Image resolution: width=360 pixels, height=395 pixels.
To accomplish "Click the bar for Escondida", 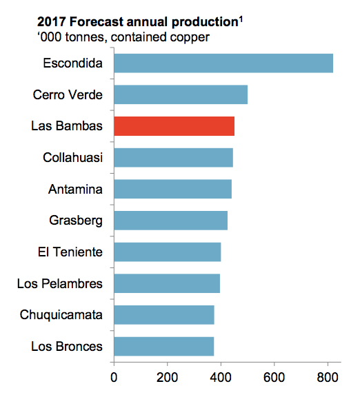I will coord(223,63).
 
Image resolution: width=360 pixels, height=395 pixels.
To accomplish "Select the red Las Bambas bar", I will coord(174,126).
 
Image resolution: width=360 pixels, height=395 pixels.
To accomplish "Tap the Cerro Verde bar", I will coord(180,94).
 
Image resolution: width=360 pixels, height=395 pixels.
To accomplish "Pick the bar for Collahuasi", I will coord(173,158).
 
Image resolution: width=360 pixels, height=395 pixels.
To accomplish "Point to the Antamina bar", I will coord(172,189).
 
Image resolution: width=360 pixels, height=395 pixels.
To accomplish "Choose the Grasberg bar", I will coord(170,221).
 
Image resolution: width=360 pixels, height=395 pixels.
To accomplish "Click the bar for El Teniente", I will coord(167,252).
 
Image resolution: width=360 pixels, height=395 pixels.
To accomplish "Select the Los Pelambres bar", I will coord(166,283).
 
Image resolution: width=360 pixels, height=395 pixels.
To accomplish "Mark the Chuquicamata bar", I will coord(163,315).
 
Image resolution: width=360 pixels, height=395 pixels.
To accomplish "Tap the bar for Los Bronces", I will coord(163,346).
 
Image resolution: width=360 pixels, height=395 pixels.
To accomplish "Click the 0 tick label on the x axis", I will coord(114,377).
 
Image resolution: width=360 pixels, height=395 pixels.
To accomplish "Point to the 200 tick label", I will coord(167,377).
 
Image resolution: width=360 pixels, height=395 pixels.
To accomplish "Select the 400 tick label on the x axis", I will coord(221,377).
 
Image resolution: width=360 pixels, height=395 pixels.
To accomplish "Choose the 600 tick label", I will coord(274,377).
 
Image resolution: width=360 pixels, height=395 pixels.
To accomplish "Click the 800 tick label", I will coord(328,377).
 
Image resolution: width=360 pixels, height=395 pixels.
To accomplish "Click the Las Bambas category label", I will coord(67,126).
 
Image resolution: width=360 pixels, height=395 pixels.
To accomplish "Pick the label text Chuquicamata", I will coord(63,315).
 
